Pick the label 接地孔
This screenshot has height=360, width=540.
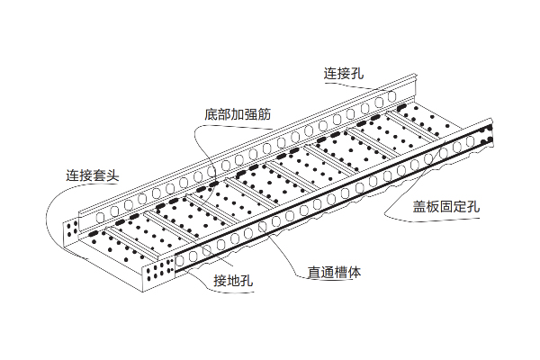(x=233, y=282)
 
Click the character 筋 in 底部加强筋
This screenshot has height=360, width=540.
(x=265, y=115)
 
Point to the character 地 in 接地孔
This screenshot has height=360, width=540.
(x=233, y=282)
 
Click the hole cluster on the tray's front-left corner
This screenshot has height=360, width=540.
(x=161, y=270)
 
